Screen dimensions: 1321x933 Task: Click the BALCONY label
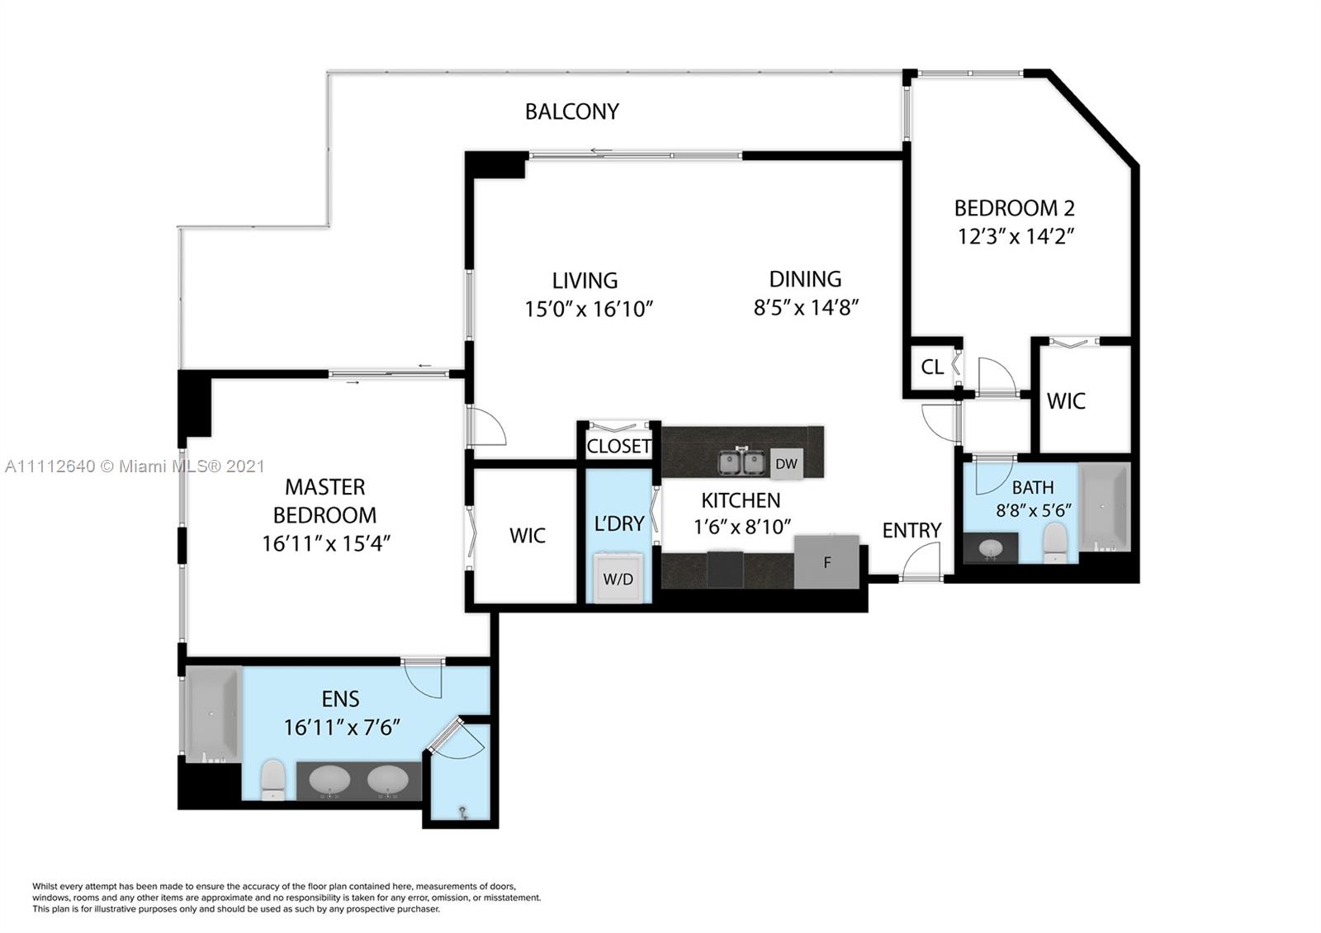click(572, 111)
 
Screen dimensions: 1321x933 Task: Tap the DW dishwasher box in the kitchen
click(786, 464)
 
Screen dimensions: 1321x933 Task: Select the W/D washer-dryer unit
click(618, 577)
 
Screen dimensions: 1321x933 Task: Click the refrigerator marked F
click(826, 562)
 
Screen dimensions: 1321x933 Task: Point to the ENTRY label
click(911, 531)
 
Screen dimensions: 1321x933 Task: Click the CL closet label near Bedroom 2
click(932, 367)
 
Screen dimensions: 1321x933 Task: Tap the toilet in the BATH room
click(1053, 542)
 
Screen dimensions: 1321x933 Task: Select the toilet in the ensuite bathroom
click(272, 779)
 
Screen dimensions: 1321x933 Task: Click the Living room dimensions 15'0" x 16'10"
click(589, 309)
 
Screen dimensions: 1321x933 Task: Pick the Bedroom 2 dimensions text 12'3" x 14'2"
click(1016, 236)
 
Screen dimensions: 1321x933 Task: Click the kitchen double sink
click(741, 462)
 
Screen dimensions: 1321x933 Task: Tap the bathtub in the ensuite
click(211, 713)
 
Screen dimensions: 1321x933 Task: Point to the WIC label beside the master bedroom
click(528, 536)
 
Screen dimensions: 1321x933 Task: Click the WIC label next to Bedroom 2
click(1066, 401)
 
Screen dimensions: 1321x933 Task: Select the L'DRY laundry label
click(618, 523)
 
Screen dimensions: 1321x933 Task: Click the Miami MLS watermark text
click(135, 466)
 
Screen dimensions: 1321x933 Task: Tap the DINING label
click(805, 279)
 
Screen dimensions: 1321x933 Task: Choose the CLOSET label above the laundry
click(618, 447)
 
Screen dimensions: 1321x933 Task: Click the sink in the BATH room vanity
click(990, 548)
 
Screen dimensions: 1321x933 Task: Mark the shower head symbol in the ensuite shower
click(463, 813)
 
